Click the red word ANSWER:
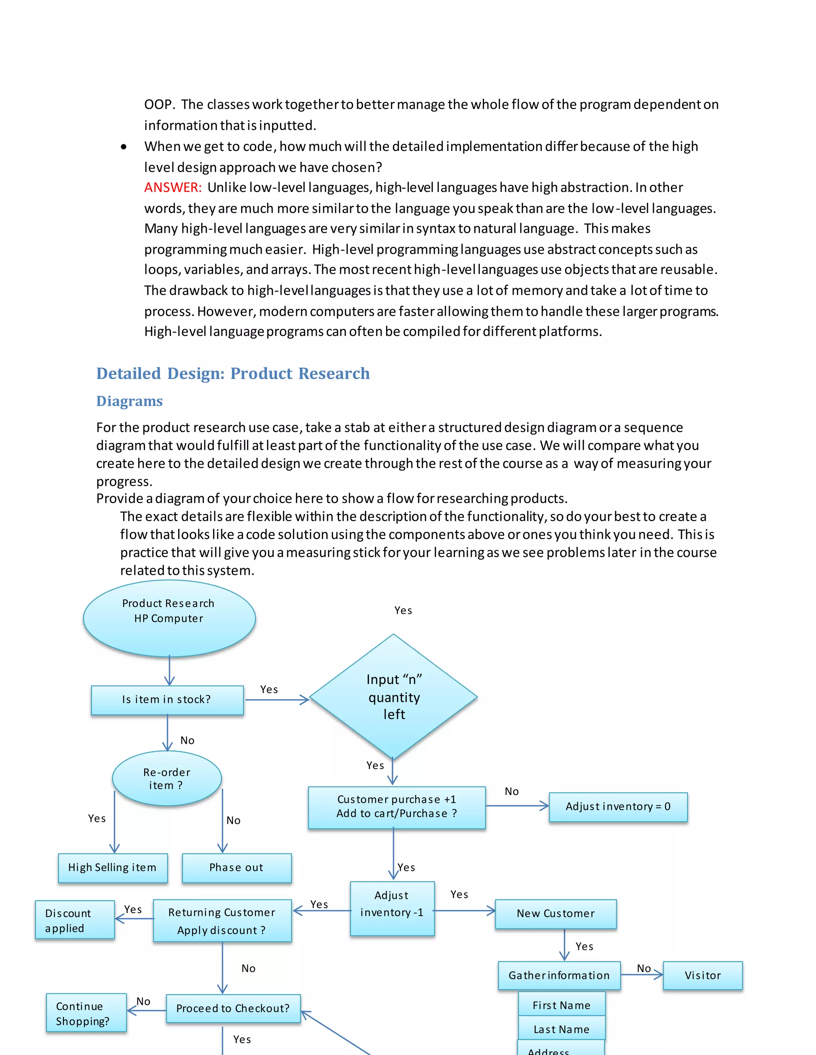[173, 188]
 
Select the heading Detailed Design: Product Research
[233, 373]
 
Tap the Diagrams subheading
[129, 401]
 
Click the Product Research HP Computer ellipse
[169, 618]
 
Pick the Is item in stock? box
[167, 699]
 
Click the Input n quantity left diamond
[394, 697]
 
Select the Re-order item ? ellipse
[167, 778]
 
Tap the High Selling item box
[113, 867]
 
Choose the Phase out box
[236, 867]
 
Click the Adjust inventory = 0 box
[618, 806]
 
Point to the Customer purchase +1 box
[396, 807]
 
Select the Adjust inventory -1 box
[392, 908]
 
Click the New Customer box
[555, 913]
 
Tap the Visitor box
[702, 975]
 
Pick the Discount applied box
[75, 920]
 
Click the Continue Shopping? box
[86, 1012]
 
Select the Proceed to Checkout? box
[233, 1008]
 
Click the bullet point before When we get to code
[124, 147]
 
